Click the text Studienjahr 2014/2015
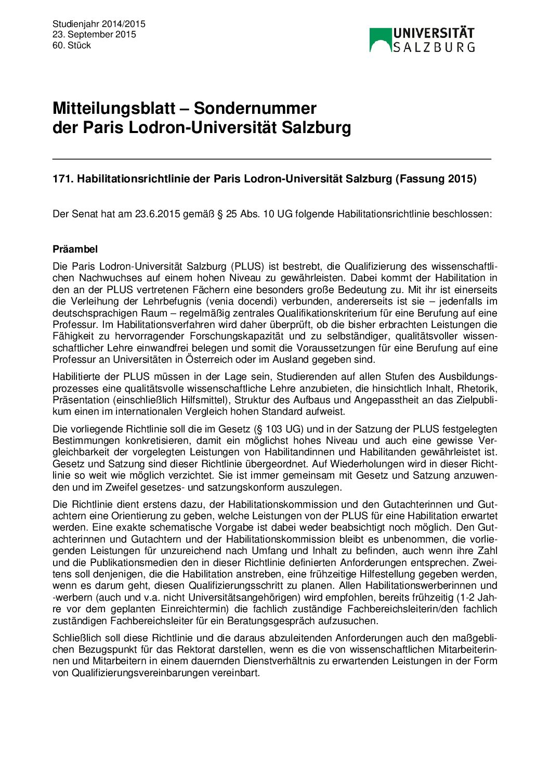pyautogui.click(x=99, y=24)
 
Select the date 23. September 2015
pyautogui.click(x=94, y=34)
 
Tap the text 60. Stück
pyautogui.click(x=72, y=45)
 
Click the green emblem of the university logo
pyautogui.click(x=380, y=39)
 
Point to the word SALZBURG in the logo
pyautogui.click(x=434, y=47)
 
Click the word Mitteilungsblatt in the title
pyautogui.click(x=114, y=108)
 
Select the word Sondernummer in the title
pyautogui.click(x=255, y=108)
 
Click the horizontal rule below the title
pyautogui.click(x=271, y=159)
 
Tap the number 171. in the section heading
pyautogui.click(x=63, y=179)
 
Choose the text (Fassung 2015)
pyautogui.click(x=436, y=179)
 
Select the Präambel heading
pyautogui.click(x=75, y=249)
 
